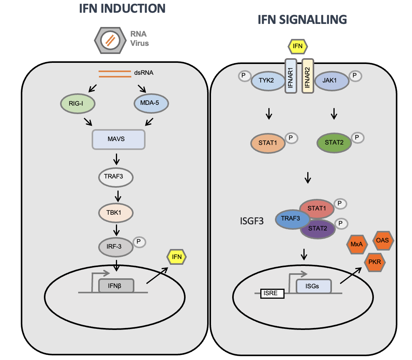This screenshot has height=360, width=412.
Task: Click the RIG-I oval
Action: [x=78, y=104]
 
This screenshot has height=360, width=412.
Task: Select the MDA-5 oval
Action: [x=152, y=104]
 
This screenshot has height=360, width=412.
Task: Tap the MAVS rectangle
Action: [x=118, y=139]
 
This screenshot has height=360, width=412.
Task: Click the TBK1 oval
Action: [x=115, y=212]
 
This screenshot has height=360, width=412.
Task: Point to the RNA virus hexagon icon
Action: [x=109, y=40]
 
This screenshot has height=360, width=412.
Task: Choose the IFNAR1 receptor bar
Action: [x=291, y=76]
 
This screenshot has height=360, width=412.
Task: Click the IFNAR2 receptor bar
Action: [x=308, y=76]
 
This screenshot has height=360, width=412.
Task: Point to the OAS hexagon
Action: [x=382, y=242]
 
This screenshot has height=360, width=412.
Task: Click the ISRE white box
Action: [x=272, y=294]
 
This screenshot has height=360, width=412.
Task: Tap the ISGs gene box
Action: [x=313, y=286]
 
